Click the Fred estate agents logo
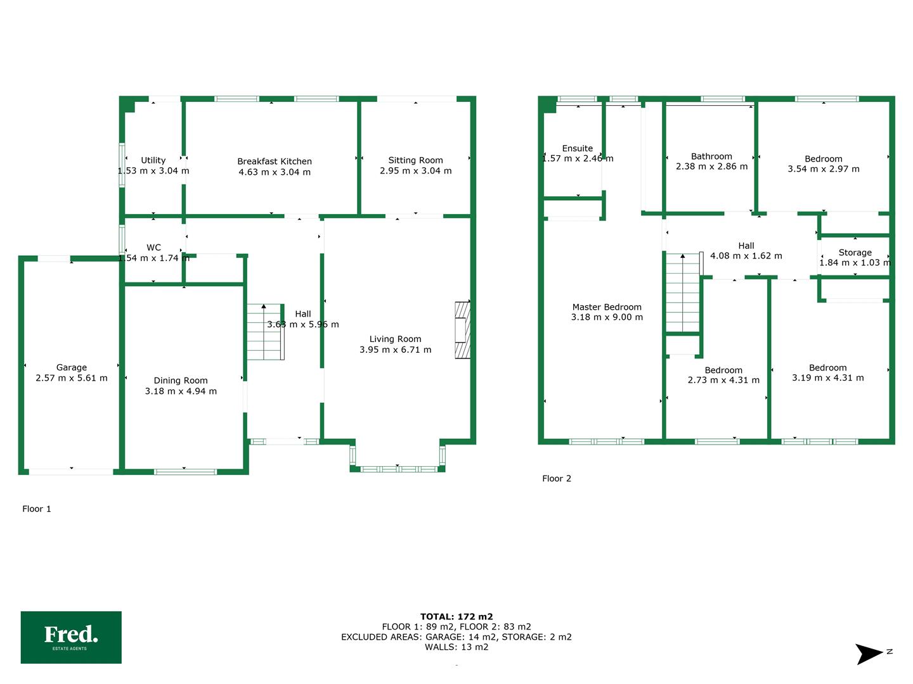(71, 637)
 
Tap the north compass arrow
(869, 654)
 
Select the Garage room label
(72, 367)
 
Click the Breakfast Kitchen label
(275, 161)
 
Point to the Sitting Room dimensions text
(416, 171)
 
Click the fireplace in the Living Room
(463, 330)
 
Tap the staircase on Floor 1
(264, 332)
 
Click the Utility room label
(153, 160)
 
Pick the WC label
(153, 248)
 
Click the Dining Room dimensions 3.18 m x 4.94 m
(181, 391)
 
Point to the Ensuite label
(578, 148)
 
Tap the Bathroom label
(711, 156)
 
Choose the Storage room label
(855, 253)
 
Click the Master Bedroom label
(607, 307)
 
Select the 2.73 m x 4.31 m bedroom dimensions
(723, 381)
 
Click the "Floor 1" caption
(37, 509)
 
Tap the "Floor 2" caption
(557, 478)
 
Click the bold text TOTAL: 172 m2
(456, 616)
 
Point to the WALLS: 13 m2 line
(456, 647)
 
